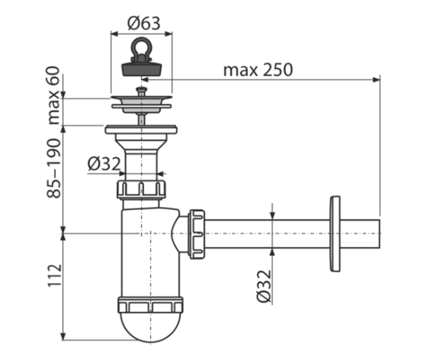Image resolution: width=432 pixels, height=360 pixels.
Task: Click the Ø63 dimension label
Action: tap(144, 23)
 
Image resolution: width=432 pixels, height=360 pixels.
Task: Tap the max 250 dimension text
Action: tap(258, 70)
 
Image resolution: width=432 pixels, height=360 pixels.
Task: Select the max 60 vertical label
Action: tap(54, 95)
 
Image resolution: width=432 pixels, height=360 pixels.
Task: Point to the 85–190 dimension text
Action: tap(54, 168)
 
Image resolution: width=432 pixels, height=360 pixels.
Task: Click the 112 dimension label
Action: tap(55, 276)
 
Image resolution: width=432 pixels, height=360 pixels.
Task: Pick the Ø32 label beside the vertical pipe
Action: tap(104, 164)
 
